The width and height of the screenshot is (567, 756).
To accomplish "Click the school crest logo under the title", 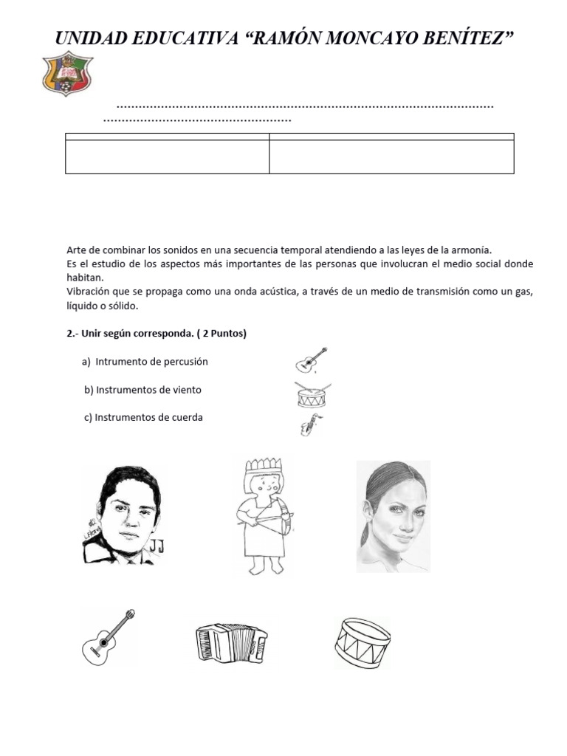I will tap(68, 74).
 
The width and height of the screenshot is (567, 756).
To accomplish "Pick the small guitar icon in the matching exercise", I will tap(311, 360).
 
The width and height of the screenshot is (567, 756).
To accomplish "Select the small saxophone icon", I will tap(310, 425).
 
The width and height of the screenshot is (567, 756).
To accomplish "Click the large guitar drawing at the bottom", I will tap(109, 637).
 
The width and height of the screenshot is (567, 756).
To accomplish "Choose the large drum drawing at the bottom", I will tap(362, 642).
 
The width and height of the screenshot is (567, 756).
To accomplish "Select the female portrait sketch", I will tap(393, 516).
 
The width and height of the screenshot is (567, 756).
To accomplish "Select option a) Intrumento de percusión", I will tap(145, 362).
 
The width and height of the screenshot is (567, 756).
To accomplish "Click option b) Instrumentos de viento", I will tap(142, 390).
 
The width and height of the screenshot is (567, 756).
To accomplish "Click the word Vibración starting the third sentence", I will tap(89, 292).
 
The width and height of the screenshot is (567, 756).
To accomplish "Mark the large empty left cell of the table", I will tap(168, 157).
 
